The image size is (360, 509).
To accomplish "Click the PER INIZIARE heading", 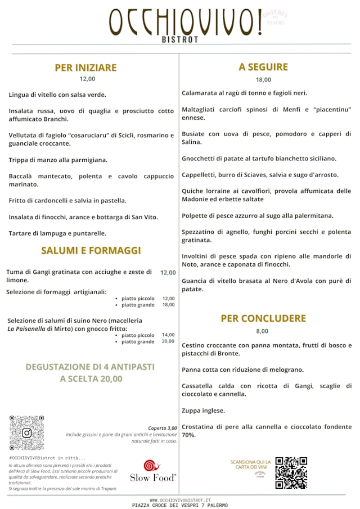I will [x=85, y=67].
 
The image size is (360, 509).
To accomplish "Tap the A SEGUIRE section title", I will [x=263, y=67].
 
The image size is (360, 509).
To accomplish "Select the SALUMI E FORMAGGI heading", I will [x=91, y=250].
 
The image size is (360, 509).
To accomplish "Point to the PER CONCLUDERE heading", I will [x=263, y=318].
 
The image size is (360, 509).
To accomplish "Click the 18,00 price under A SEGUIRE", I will [x=263, y=79].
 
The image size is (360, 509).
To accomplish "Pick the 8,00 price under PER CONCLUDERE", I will [x=263, y=331].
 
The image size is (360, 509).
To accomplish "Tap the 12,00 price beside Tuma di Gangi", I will [x=168, y=272].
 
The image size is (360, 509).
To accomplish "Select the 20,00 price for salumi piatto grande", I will [x=168, y=341].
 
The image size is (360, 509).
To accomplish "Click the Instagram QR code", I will [x=26, y=433].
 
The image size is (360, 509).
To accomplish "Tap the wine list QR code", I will [x=291, y=472].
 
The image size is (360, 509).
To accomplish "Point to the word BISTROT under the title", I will [x=180, y=40].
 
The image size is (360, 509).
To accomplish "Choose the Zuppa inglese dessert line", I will [x=203, y=410].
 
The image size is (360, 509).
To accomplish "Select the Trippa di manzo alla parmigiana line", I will [x=58, y=160].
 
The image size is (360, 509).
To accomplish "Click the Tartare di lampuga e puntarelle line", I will [x=57, y=233].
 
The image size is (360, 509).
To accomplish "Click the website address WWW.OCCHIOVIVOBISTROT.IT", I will [x=180, y=499].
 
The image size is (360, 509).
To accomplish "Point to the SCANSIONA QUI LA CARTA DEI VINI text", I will [x=250, y=465].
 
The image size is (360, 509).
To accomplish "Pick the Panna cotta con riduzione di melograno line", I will [x=242, y=370].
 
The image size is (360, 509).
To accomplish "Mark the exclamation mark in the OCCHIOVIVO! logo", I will [x=259, y=22].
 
